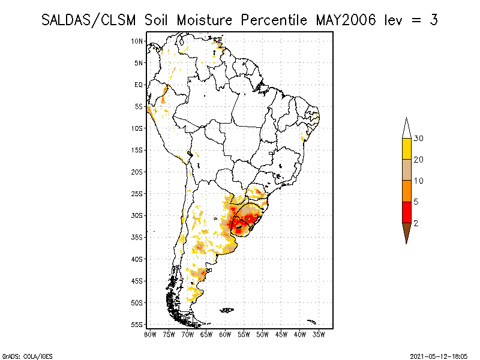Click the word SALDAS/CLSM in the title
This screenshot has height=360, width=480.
point(91,20)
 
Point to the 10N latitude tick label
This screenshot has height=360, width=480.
point(137,41)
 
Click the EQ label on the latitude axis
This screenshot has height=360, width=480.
point(139,85)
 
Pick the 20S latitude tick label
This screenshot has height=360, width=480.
point(137,172)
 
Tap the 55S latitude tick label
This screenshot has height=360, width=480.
point(137,325)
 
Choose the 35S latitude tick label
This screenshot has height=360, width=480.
point(137,237)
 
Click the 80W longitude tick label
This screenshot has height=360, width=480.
point(150,334)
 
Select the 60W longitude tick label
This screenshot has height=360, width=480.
point(225,334)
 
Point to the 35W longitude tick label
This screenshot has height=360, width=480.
point(319,334)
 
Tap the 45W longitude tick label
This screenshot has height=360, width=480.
point(281,334)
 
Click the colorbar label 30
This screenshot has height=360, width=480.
point(419,139)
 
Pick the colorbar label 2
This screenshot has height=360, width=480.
point(416,223)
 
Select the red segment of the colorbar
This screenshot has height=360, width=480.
point(406,212)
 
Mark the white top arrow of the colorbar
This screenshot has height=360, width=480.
point(406,128)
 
